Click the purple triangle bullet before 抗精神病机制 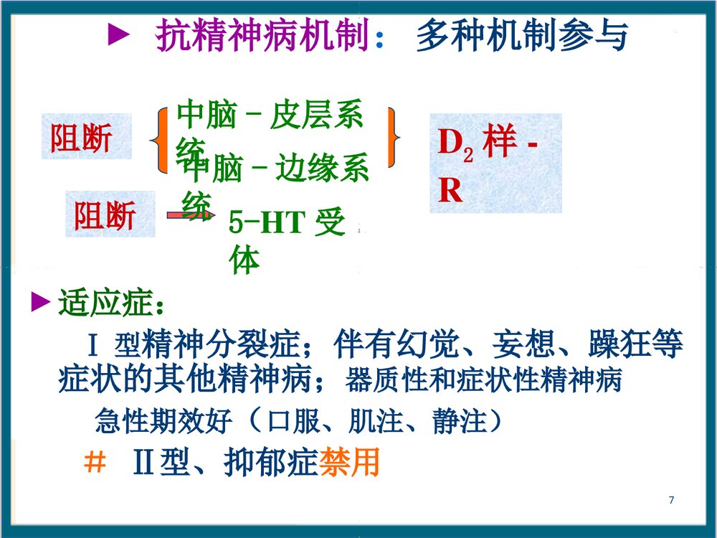point(118,37)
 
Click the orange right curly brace point(393,137)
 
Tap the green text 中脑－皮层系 point(270,117)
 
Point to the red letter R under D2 point(450,191)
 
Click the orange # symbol point(95,463)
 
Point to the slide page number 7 point(671,500)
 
